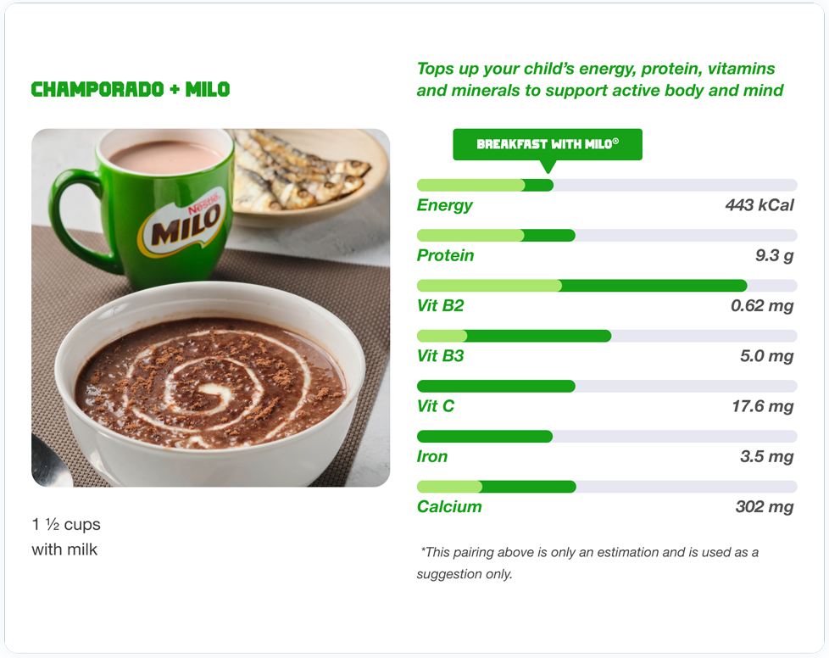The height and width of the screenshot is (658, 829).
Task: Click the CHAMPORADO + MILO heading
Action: click(131, 89)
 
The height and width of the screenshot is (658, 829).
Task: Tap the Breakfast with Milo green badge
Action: click(548, 144)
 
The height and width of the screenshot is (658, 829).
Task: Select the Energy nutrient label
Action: click(445, 205)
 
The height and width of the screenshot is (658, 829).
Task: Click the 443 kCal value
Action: click(759, 205)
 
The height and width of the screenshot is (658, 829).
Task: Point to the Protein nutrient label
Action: click(445, 255)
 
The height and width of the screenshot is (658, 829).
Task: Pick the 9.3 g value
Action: click(775, 256)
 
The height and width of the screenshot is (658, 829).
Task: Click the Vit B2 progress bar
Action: click(607, 286)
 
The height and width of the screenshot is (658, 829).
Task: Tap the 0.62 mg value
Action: click(762, 306)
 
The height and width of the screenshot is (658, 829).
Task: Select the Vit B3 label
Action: click(441, 356)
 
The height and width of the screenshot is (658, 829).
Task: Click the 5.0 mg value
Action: click(766, 356)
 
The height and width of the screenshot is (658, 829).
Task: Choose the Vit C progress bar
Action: click(607, 386)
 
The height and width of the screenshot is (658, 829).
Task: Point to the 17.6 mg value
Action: click(763, 406)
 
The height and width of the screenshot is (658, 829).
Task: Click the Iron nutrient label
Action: click(432, 456)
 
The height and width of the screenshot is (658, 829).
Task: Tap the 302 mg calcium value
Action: click(765, 507)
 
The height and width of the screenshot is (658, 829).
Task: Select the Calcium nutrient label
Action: click(449, 507)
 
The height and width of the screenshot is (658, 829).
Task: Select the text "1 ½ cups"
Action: click(66, 524)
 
